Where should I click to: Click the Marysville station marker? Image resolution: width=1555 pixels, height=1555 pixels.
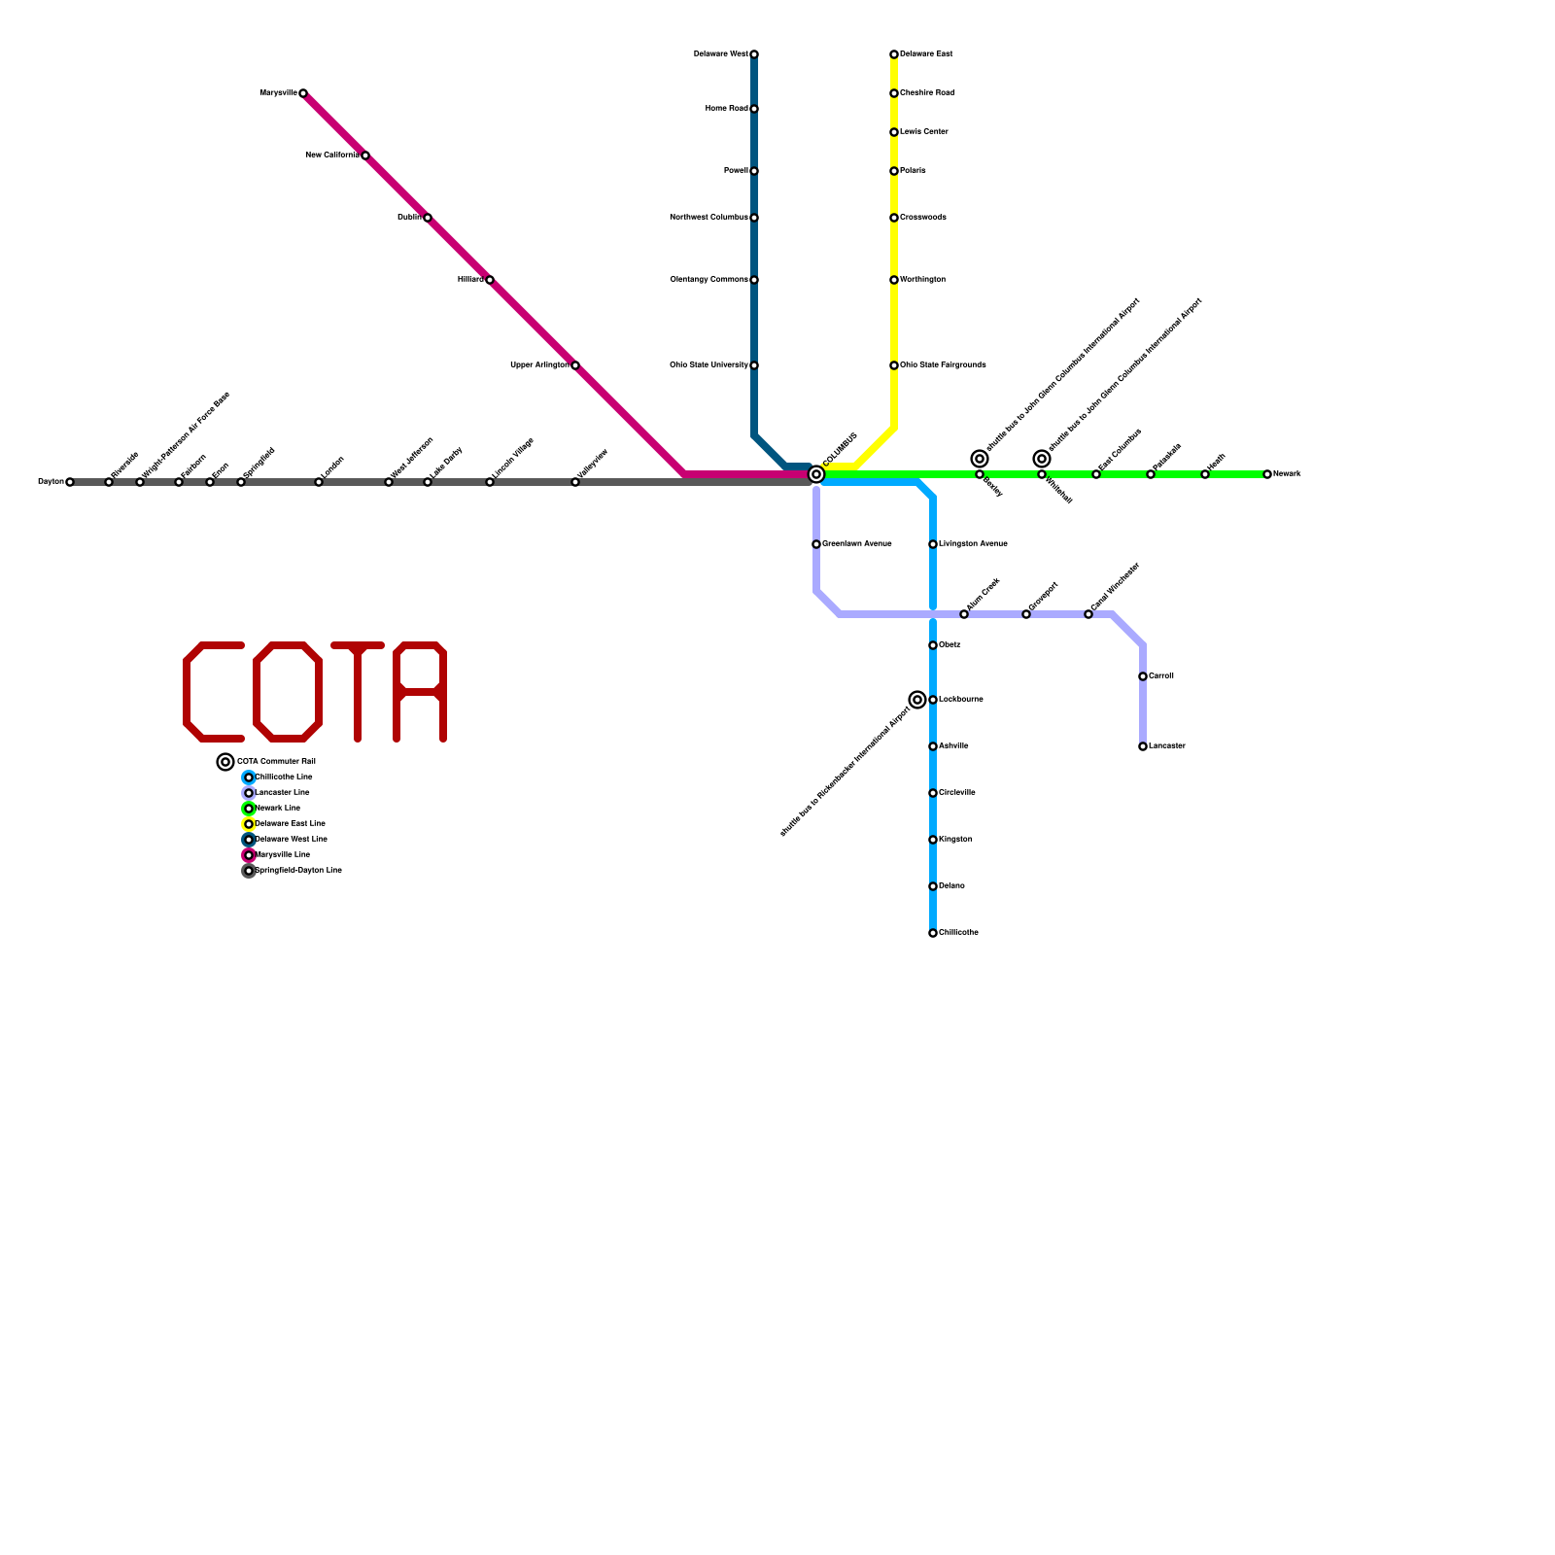303,93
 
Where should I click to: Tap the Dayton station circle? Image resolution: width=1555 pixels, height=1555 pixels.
70,482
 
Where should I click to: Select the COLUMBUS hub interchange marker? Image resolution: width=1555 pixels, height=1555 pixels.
816,474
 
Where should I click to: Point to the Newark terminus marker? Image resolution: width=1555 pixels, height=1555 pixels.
1267,474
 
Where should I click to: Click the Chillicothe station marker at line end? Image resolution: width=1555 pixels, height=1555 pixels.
933,933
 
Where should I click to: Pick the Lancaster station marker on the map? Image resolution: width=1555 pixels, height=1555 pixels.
1143,746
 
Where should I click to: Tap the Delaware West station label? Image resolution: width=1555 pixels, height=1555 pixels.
720,54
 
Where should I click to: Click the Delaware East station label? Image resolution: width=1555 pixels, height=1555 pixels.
926,54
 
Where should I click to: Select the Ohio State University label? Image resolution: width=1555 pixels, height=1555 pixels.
708,365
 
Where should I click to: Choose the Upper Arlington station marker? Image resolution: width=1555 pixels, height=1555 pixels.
575,365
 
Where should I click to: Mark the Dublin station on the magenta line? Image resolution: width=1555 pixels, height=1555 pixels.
428,218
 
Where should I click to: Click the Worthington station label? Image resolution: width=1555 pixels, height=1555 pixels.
922,280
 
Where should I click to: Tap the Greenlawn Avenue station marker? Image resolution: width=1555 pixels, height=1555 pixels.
816,544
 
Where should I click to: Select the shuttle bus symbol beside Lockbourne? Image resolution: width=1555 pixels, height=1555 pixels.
917,700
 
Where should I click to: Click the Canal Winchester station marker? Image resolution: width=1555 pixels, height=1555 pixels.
1088,614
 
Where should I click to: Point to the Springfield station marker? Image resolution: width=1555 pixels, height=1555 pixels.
241,482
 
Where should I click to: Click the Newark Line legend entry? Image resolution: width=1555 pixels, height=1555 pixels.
277,809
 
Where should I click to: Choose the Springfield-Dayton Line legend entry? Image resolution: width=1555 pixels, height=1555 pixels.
297,871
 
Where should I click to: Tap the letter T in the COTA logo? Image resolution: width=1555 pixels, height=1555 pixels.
358,692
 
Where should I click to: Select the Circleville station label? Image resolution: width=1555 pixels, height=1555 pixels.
957,793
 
